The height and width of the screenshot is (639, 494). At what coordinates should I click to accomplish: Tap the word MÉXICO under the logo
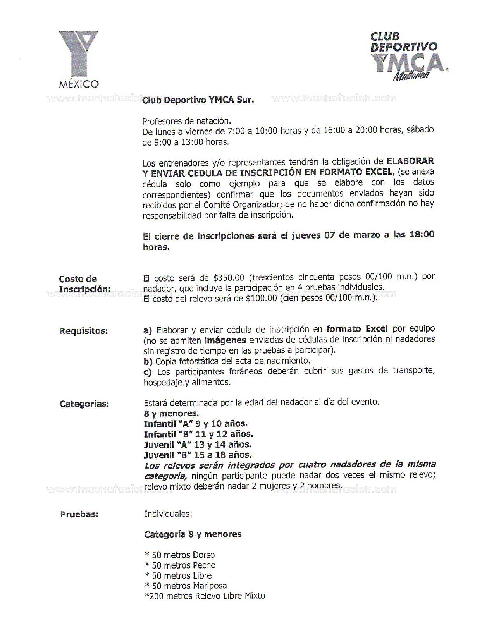79,84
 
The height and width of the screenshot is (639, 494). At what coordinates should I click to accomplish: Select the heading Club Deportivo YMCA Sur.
198,100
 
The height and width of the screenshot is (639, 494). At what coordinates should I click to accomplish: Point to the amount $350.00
229,278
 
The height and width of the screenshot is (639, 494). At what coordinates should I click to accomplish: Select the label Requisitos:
83,331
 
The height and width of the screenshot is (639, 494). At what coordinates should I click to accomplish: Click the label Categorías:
84,404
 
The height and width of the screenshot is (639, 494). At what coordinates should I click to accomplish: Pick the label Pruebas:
79,515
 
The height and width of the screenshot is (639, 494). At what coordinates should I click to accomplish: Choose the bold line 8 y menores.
171,414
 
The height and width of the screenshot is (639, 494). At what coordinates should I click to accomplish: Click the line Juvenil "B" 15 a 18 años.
198,455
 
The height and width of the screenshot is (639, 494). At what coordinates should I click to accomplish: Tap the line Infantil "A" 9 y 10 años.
195,424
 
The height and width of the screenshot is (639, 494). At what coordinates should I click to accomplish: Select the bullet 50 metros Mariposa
186,586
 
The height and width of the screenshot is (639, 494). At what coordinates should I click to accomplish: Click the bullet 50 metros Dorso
180,555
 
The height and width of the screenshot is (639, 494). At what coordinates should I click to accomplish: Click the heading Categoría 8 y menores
193,534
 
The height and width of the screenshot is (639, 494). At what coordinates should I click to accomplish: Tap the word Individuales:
168,514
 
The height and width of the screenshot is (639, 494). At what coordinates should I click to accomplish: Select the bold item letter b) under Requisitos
148,362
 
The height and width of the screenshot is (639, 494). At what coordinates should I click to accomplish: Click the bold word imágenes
225,340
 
